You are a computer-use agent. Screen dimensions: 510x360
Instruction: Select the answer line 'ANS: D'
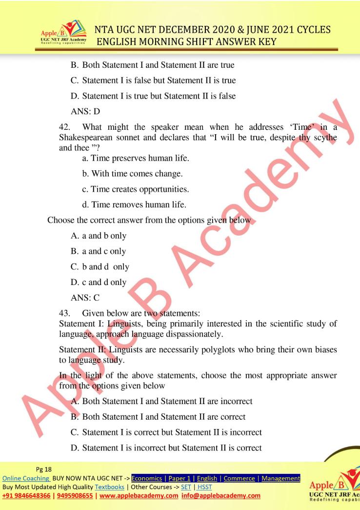coord(85,112)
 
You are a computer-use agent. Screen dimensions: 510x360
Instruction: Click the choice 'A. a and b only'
coord(99,236)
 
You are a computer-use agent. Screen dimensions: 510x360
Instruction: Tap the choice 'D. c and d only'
coord(99,282)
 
